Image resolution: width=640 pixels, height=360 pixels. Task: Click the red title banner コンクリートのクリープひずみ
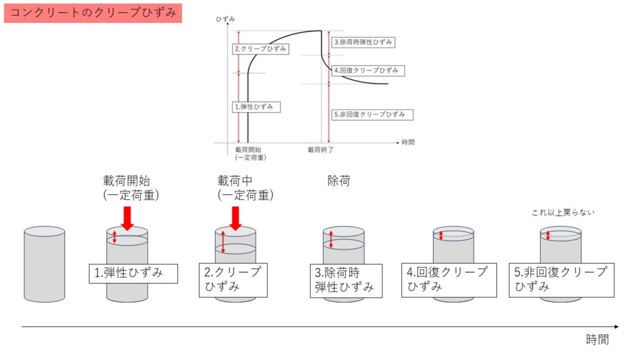(x=92, y=12)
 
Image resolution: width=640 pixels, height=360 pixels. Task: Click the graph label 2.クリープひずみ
(x=261, y=49)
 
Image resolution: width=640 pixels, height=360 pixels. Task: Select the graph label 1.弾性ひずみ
(x=256, y=107)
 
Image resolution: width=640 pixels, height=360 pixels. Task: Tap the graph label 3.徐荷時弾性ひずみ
(x=364, y=42)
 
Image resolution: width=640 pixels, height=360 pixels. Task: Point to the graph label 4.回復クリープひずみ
(x=368, y=71)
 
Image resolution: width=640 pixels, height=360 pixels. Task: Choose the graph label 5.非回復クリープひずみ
(x=372, y=114)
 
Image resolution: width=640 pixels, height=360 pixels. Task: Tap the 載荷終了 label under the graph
(x=320, y=150)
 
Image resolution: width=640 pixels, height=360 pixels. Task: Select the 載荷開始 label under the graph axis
(x=248, y=150)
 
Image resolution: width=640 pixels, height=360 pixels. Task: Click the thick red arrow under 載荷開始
(x=127, y=219)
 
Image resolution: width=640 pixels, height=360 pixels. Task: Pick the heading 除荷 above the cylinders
(x=339, y=181)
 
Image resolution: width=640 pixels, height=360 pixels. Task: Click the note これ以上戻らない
(x=563, y=212)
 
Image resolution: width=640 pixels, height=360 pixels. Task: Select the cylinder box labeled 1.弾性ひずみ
(x=132, y=273)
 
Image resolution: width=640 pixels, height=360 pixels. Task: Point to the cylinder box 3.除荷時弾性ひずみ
(x=345, y=280)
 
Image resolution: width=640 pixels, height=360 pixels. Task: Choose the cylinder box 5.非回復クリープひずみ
(x=561, y=279)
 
